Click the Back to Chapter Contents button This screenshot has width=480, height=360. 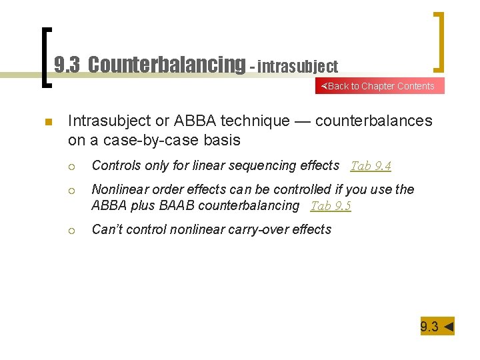[379, 86]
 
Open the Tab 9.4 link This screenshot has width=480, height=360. [371, 166]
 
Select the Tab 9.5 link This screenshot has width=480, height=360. [331, 206]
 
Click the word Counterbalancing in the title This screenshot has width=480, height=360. [167, 65]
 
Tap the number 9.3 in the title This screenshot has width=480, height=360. [67, 65]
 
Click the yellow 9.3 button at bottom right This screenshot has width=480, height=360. [437, 326]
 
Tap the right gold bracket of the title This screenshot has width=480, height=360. [439, 41]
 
